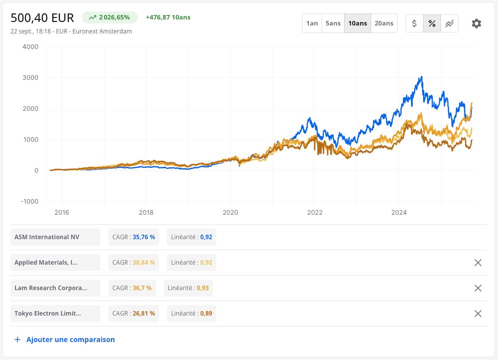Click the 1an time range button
(312, 23)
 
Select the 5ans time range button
(333, 23)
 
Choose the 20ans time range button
(384, 23)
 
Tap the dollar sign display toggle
(415, 23)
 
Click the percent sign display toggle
(432, 23)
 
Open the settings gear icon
(477, 23)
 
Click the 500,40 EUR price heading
(42, 18)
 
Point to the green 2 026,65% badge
(110, 17)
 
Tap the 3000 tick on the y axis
(30, 77)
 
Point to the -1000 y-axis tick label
(29, 201)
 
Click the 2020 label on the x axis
(230, 212)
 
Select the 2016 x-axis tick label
(61, 212)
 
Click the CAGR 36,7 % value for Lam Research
(132, 288)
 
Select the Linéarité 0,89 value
(191, 314)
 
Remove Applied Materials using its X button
(478, 263)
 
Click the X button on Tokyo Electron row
(478, 314)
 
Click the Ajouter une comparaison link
(64, 340)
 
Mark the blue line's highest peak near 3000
(422, 76)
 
